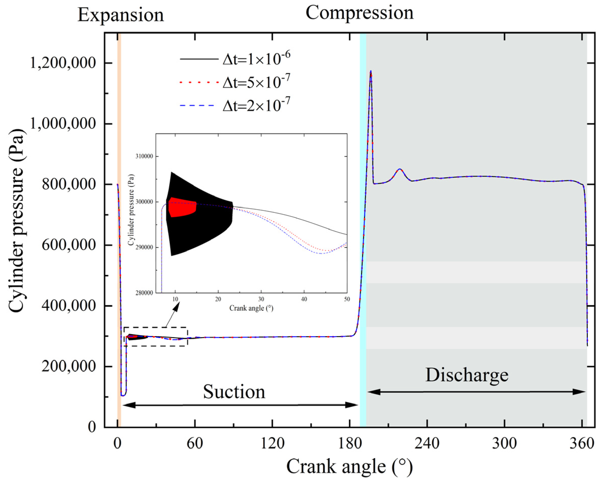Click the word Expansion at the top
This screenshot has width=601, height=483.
click(x=120, y=15)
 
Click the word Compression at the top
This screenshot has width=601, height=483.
click(x=359, y=13)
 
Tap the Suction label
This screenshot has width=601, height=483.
click(x=234, y=392)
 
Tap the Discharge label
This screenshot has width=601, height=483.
click(x=467, y=375)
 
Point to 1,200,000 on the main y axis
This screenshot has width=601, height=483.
click(x=63, y=63)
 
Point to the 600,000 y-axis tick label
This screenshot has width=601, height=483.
click(x=69, y=245)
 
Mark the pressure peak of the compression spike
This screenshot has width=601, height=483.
click(x=371, y=71)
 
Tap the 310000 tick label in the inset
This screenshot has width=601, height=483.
click(x=144, y=156)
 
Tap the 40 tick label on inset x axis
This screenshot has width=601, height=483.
click(x=304, y=299)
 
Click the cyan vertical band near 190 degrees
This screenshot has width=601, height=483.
click(x=363, y=223)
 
